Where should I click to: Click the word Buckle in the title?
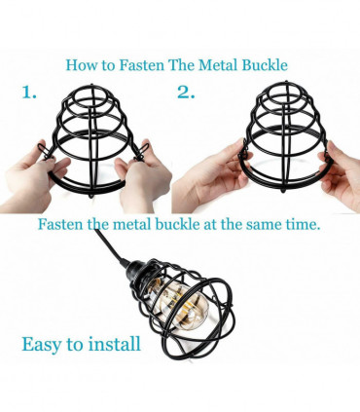click(269, 66)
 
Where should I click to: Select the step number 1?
click(30, 93)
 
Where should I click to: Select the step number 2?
click(186, 93)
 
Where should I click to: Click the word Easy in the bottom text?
click(44, 344)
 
